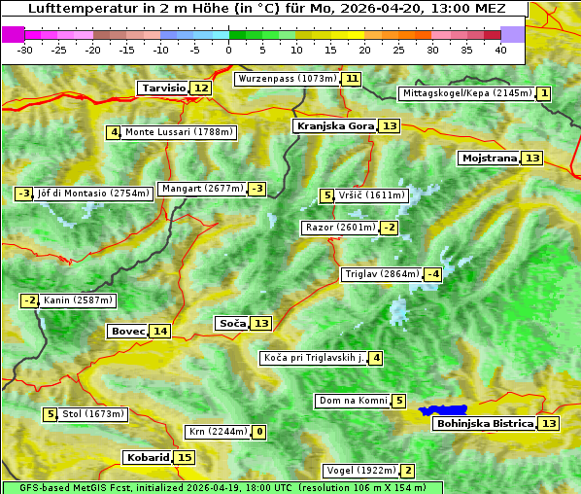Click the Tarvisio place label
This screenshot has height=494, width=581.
click(x=163, y=88)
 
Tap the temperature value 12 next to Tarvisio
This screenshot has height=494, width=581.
click(x=201, y=88)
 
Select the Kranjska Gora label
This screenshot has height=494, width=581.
click(x=334, y=126)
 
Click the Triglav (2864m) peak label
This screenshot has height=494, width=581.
click(x=382, y=274)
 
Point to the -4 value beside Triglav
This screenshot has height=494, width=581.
click(x=433, y=274)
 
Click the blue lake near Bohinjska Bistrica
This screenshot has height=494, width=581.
click(x=443, y=410)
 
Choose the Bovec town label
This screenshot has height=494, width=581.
click(x=127, y=332)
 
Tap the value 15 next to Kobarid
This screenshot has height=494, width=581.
click(x=185, y=458)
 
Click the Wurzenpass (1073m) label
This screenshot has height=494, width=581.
click(x=288, y=79)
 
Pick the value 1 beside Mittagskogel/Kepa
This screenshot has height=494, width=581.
click(x=545, y=93)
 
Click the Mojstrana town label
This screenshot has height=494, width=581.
click(x=489, y=159)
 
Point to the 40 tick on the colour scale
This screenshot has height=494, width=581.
click(x=500, y=50)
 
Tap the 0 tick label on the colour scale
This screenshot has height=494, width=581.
click(x=228, y=50)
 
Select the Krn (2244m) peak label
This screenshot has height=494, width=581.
click(x=218, y=432)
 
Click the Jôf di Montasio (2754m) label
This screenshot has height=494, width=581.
click(x=93, y=194)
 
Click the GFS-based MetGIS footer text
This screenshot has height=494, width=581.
click(x=222, y=487)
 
